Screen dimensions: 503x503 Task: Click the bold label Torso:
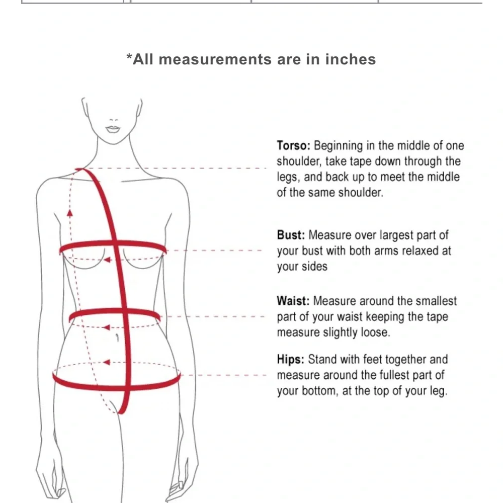coord(294,146)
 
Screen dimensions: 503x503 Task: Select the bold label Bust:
coord(291,235)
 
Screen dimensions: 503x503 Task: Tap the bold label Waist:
coord(293,301)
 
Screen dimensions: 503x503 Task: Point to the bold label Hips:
coord(291,359)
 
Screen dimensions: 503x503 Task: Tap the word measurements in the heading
coord(215,59)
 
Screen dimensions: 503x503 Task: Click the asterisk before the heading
coord(129,57)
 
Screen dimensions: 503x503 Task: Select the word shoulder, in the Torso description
coord(299,161)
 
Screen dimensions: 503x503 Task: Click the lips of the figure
coord(113,129)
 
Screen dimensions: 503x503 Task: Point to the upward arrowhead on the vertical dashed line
coord(69,213)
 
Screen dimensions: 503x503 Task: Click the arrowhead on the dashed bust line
coord(108,260)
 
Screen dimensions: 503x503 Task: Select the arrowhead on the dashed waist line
coord(106,327)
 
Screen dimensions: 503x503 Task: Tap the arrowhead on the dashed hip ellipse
coord(107,362)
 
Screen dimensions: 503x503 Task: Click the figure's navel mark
coord(117,338)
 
